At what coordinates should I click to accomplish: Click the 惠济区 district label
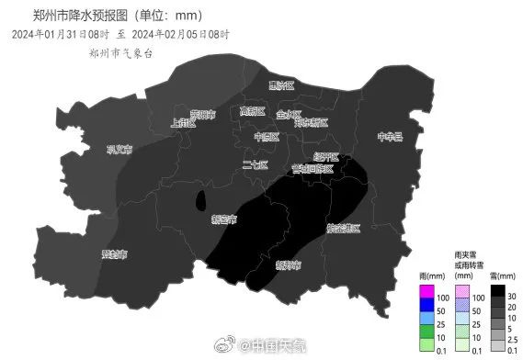click(280, 85)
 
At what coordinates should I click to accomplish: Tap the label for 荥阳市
click(203, 115)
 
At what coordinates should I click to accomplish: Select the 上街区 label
click(184, 122)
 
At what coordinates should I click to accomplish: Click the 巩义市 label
click(119, 150)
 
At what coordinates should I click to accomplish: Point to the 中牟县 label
click(390, 137)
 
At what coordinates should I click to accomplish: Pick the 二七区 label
click(255, 165)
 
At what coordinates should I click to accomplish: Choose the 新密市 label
click(223, 220)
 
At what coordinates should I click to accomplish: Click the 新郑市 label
click(288, 264)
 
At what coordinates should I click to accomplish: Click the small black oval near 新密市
click(201, 201)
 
